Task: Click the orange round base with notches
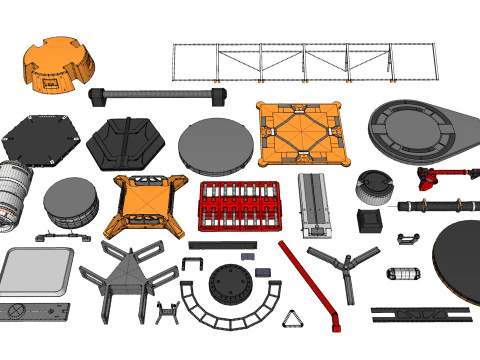59,67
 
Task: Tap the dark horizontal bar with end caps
155,96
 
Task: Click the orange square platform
303,134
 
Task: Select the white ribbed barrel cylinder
14,190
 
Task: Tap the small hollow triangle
293,320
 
